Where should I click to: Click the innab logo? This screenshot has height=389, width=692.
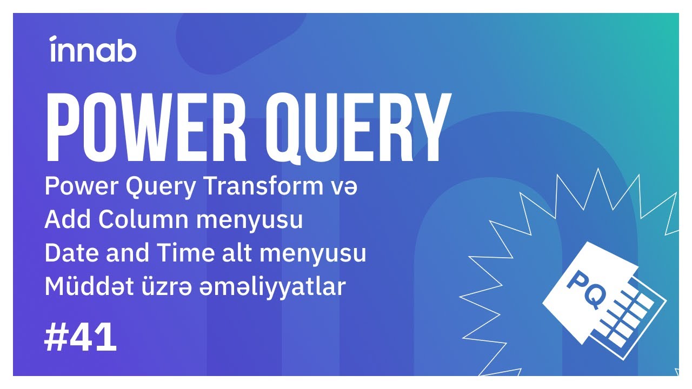point(92,50)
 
